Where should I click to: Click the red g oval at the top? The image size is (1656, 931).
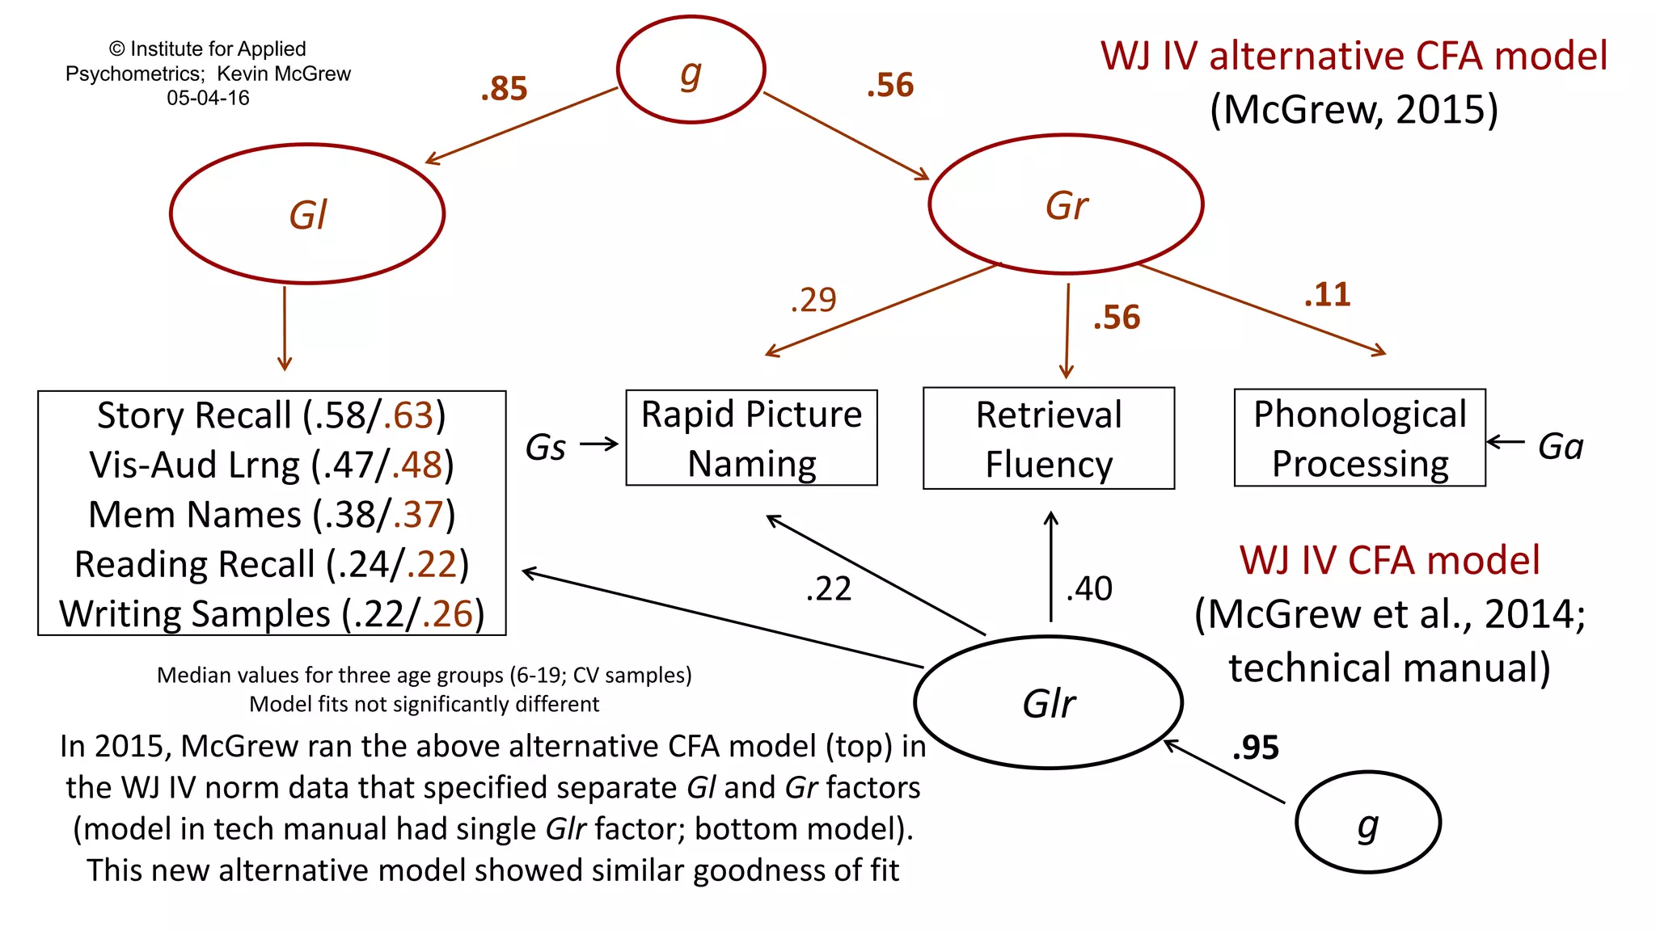(691, 70)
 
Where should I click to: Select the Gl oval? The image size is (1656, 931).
(307, 214)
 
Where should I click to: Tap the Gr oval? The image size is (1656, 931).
(1066, 204)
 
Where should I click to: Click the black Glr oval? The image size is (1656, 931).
(1048, 702)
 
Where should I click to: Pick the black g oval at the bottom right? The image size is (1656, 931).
(1367, 823)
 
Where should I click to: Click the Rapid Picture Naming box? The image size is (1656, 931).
(751, 438)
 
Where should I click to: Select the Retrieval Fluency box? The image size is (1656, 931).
(1048, 438)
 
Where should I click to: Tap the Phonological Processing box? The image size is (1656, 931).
(1359, 438)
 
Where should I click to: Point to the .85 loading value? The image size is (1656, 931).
(504, 88)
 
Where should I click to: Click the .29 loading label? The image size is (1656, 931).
(813, 300)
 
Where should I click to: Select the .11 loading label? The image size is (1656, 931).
(1327, 294)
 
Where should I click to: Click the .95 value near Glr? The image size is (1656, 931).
(1255, 748)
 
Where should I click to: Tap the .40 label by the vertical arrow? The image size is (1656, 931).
(1089, 588)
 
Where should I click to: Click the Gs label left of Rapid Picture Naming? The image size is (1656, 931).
(546, 447)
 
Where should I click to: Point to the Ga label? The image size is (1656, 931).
(1560, 446)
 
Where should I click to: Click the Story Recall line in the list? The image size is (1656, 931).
(272, 415)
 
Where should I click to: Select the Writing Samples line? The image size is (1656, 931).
(272, 614)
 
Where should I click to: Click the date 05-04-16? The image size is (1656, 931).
(208, 98)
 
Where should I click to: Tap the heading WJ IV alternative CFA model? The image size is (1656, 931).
(1354, 57)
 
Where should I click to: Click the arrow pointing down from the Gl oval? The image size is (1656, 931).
(285, 327)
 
